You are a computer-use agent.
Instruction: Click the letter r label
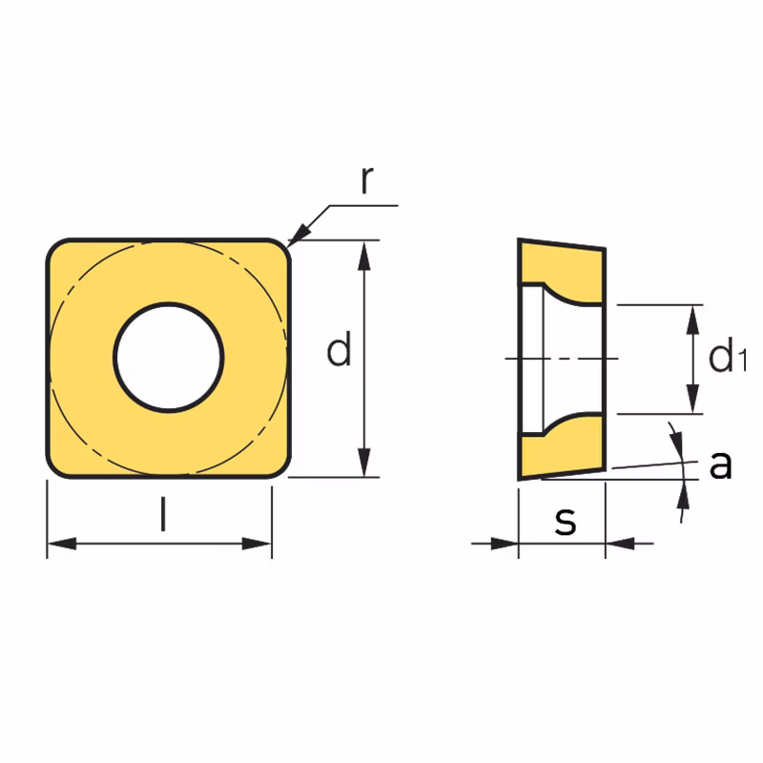[x=368, y=179]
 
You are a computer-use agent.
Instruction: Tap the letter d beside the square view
[x=339, y=349]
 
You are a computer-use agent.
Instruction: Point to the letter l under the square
[x=163, y=513]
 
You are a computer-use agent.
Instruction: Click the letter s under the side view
[x=566, y=522]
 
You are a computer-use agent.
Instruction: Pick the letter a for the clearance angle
[x=721, y=464]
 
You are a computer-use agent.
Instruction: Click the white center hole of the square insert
[x=169, y=358]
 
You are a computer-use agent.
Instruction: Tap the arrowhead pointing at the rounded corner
[x=299, y=233]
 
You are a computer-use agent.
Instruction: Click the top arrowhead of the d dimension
[x=364, y=256]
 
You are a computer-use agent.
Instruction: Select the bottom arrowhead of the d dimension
[x=364, y=462]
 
